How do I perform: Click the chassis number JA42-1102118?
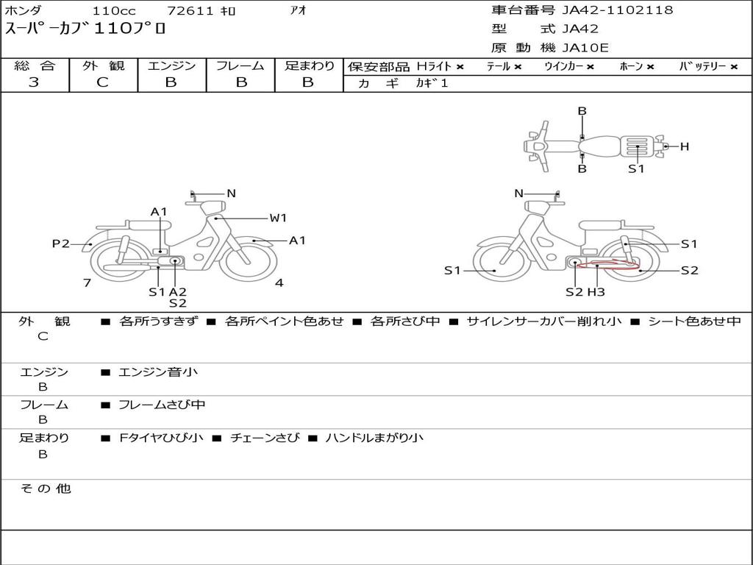618,10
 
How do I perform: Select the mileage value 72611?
190,10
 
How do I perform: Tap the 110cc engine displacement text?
114,10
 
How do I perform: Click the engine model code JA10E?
585,48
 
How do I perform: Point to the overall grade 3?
34,82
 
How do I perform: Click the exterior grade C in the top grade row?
102,82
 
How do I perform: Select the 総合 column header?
35,65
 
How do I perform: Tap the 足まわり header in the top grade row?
310,65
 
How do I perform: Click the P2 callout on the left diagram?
60,244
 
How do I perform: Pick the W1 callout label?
278,218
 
